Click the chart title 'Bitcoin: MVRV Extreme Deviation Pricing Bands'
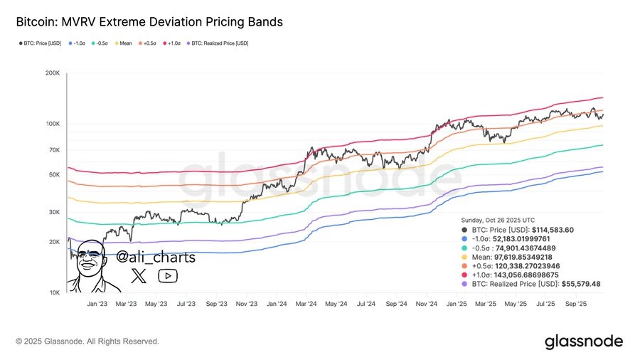[x=149, y=22]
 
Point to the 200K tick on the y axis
[x=52, y=73]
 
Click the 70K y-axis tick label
[x=54, y=150]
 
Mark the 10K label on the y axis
[x=54, y=292]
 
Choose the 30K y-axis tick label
[x=54, y=212]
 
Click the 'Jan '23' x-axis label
[x=97, y=303]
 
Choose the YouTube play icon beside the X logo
[x=168, y=276]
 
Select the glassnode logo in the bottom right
[x=584, y=342]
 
